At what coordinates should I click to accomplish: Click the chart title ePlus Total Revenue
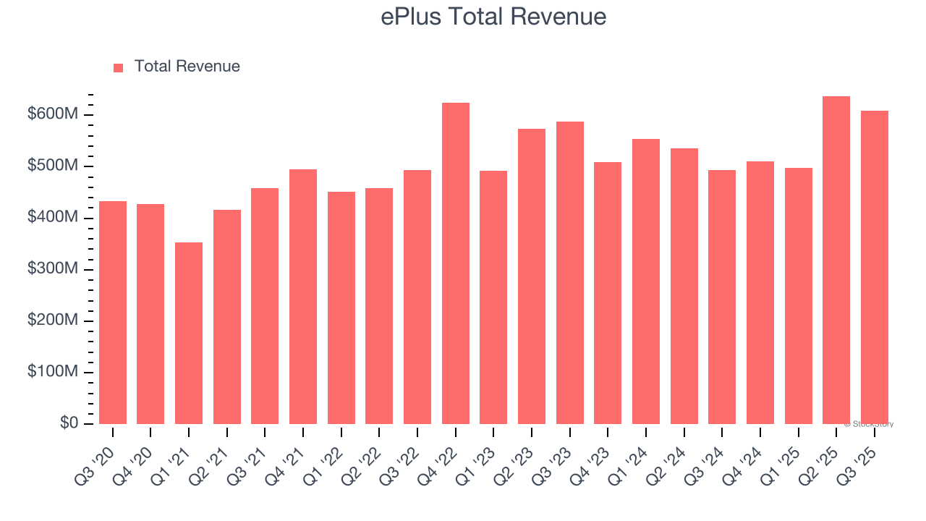(x=493, y=16)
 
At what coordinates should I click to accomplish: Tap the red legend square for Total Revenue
(x=119, y=67)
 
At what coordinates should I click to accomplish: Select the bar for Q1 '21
(x=189, y=333)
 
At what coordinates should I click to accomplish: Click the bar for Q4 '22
(x=456, y=263)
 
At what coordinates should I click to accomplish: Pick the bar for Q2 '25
(x=836, y=260)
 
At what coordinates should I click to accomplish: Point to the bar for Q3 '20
(x=113, y=313)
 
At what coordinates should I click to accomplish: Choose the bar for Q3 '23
(x=570, y=273)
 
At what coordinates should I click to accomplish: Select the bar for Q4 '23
(x=608, y=293)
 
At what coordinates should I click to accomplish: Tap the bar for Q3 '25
(x=875, y=268)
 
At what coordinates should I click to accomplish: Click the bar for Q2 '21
(x=227, y=317)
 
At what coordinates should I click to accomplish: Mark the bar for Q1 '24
(x=646, y=281)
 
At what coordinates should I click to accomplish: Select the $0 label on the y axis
(x=69, y=423)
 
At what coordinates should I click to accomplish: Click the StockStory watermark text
(x=869, y=424)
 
